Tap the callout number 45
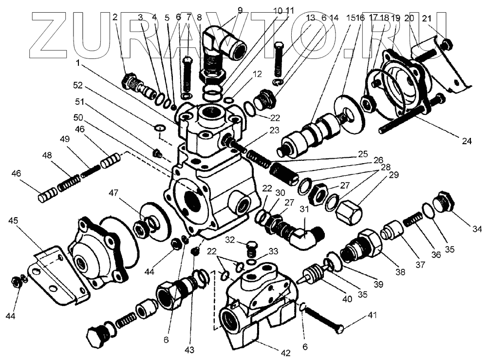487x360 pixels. (x=14, y=220)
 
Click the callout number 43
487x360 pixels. (x=189, y=349)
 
